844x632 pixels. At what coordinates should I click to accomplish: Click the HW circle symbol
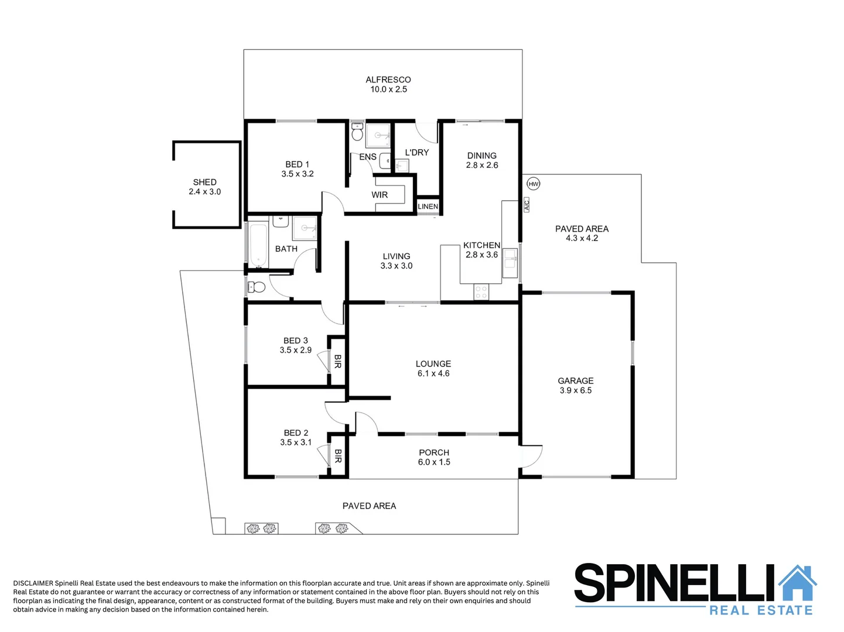[533, 184]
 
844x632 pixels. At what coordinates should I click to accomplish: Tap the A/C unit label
[526, 204]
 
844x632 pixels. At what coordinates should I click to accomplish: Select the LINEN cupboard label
[428, 207]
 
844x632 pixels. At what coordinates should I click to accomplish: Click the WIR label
[380, 195]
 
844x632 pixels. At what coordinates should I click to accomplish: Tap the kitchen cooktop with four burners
[481, 292]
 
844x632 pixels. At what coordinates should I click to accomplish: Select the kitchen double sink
[510, 263]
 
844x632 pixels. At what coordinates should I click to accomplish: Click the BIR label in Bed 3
[337, 362]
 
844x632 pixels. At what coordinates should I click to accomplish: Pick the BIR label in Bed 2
[337, 456]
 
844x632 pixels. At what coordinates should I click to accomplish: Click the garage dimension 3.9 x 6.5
[575, 390]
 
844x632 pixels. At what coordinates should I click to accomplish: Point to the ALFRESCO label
[388, 80]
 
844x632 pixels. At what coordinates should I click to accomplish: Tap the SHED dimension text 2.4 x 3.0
[204, 192]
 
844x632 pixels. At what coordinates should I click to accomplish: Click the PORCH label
[434, 452]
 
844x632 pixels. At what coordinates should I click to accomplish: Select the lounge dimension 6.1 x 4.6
[433, 373]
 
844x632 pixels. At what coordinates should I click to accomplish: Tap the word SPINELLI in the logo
[674, 583]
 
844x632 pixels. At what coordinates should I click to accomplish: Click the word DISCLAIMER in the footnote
[33, 583]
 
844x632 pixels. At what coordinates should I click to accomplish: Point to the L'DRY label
[417, 152]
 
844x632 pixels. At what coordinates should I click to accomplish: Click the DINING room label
[482, 156]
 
